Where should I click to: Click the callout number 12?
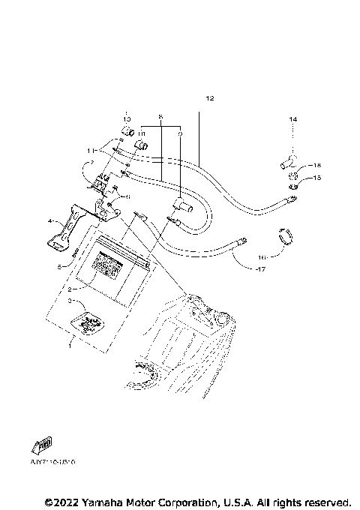209,99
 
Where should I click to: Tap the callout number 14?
293,119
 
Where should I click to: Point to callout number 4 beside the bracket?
51,221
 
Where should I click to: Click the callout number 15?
316,178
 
